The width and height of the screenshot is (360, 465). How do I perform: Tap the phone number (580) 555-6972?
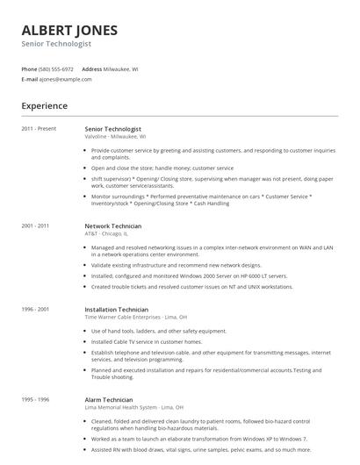click(x=57, y=68)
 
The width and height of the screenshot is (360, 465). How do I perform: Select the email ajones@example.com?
click(x=65, y=79)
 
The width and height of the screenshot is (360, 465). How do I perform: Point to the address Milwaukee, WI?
click(x=121, y=68)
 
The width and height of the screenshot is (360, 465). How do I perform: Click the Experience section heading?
click(x=45, y=106)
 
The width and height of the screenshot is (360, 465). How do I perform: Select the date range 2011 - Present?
click(x=39, y=129)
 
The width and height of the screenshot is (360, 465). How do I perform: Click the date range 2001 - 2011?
click(x=36, y=225)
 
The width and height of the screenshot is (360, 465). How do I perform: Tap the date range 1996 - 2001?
click(x=36, y=309)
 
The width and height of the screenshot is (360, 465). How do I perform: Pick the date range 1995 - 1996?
click(x=36, y=399)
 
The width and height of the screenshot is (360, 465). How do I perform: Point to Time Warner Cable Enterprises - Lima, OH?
click(x=134, y=317)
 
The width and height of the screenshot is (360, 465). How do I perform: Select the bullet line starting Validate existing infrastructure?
click(x=176, y=264)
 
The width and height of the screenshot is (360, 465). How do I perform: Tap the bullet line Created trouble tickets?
click(x=191, y=286)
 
